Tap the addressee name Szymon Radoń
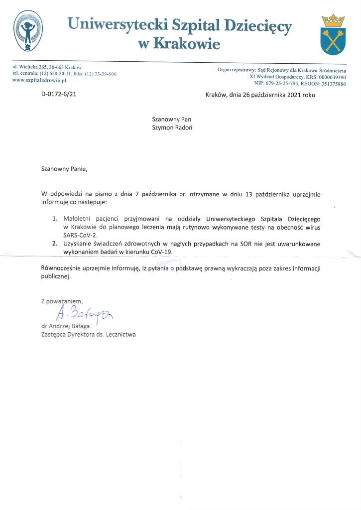click(x=172, y=127)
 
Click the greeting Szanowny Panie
click(x=64, y=169)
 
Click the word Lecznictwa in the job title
click(x=120, y=335)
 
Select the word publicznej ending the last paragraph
click(x=56, y=277)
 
